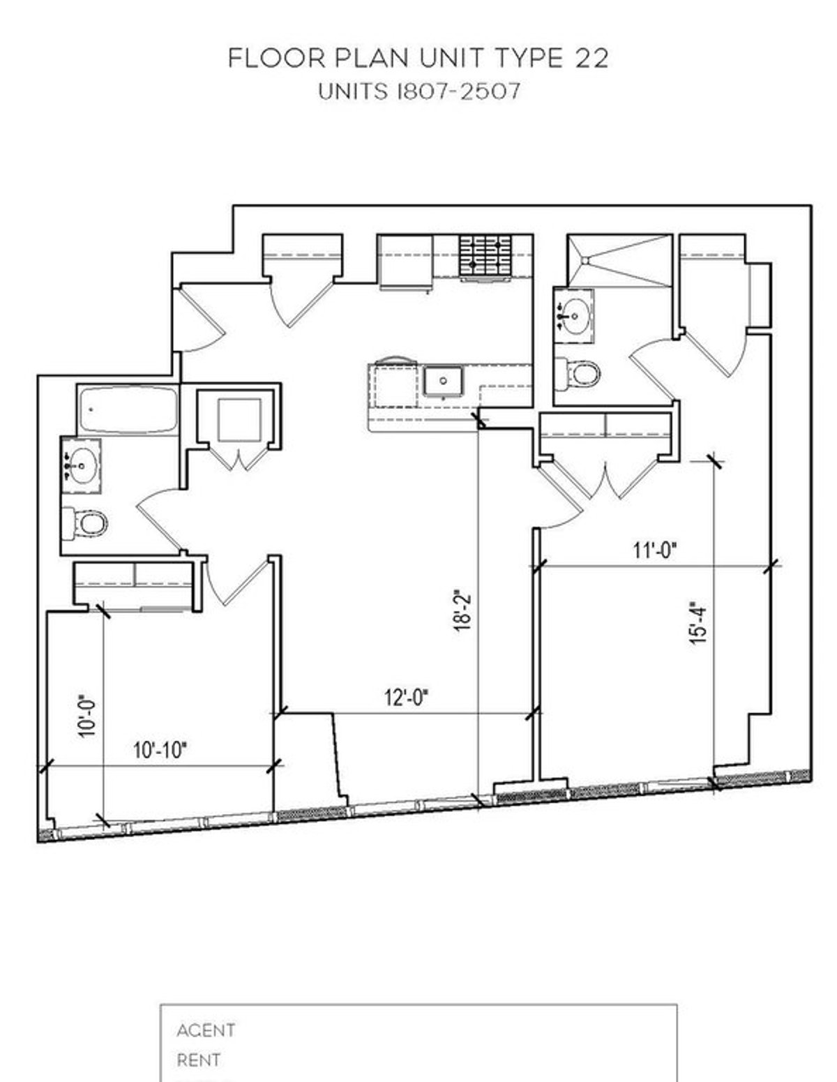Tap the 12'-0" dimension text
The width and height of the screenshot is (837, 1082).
(407, 697)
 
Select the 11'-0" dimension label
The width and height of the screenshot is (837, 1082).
(655, 551)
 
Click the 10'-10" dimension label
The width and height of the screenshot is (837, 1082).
(160, 751)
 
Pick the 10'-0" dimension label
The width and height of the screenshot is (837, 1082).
(87, 716)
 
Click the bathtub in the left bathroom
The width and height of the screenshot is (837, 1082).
(127, 409)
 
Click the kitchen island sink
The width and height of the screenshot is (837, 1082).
(444, 381)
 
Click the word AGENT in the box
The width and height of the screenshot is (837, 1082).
(206, 1030)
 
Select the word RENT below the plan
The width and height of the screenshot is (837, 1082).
(199, 1060)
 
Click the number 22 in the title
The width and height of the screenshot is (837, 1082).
(591, 59)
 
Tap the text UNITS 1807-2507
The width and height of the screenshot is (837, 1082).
(418, 92)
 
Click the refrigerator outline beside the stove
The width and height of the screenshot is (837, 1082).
(405, 261)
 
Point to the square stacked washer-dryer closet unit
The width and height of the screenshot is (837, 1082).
(240, 420)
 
